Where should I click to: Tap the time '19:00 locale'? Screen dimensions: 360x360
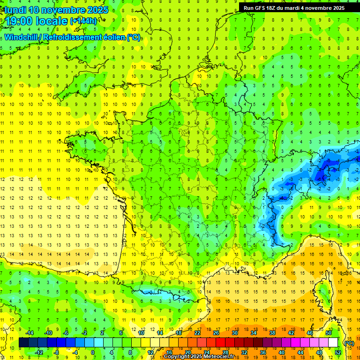(37, 21)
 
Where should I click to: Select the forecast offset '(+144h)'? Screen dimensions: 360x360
(83, 21)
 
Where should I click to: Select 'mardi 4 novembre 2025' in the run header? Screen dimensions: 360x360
(315, 8)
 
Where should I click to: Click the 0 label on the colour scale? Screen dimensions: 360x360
(93, 352)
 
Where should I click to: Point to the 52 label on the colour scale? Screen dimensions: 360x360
(337, 352)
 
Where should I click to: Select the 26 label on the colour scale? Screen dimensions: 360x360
(216, 333)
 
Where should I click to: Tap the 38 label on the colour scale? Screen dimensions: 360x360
(272, 333)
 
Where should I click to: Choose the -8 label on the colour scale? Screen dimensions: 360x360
(57, 352)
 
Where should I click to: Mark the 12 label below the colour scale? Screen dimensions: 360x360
(150, 352)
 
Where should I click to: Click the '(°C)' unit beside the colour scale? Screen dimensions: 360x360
(349, 343)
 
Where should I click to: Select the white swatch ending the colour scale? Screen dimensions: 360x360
(333, 343)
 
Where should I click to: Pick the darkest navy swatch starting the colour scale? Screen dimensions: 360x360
(23, 343)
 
